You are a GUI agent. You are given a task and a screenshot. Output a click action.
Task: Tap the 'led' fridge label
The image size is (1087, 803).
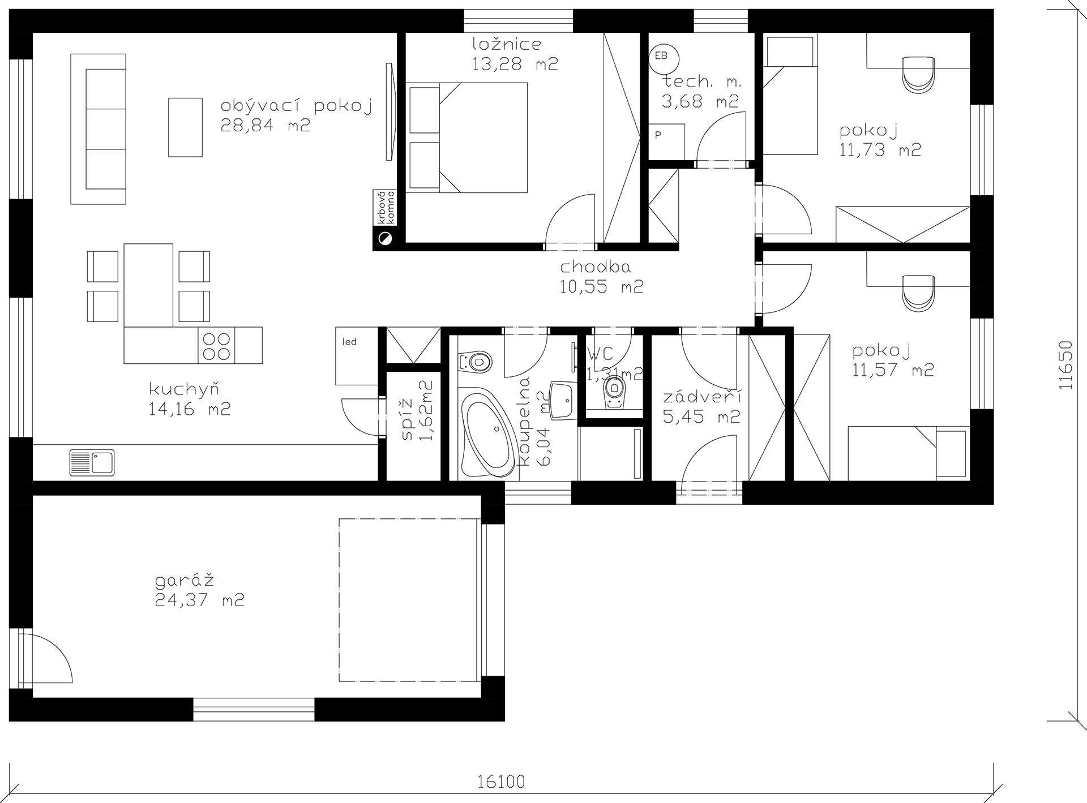349,342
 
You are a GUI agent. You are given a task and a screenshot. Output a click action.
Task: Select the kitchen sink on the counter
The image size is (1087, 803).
92,462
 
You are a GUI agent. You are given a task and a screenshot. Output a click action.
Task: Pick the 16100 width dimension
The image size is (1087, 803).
501,781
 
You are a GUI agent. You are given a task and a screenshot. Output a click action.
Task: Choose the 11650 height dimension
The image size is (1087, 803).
1065,365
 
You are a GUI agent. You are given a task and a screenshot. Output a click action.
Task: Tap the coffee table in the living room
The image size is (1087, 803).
185,127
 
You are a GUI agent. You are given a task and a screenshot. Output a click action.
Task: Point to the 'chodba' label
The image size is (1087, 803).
596,267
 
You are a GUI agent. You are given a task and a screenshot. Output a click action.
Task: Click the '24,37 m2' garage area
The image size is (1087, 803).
199,600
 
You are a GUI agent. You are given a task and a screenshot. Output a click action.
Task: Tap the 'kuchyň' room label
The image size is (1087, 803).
184,390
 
